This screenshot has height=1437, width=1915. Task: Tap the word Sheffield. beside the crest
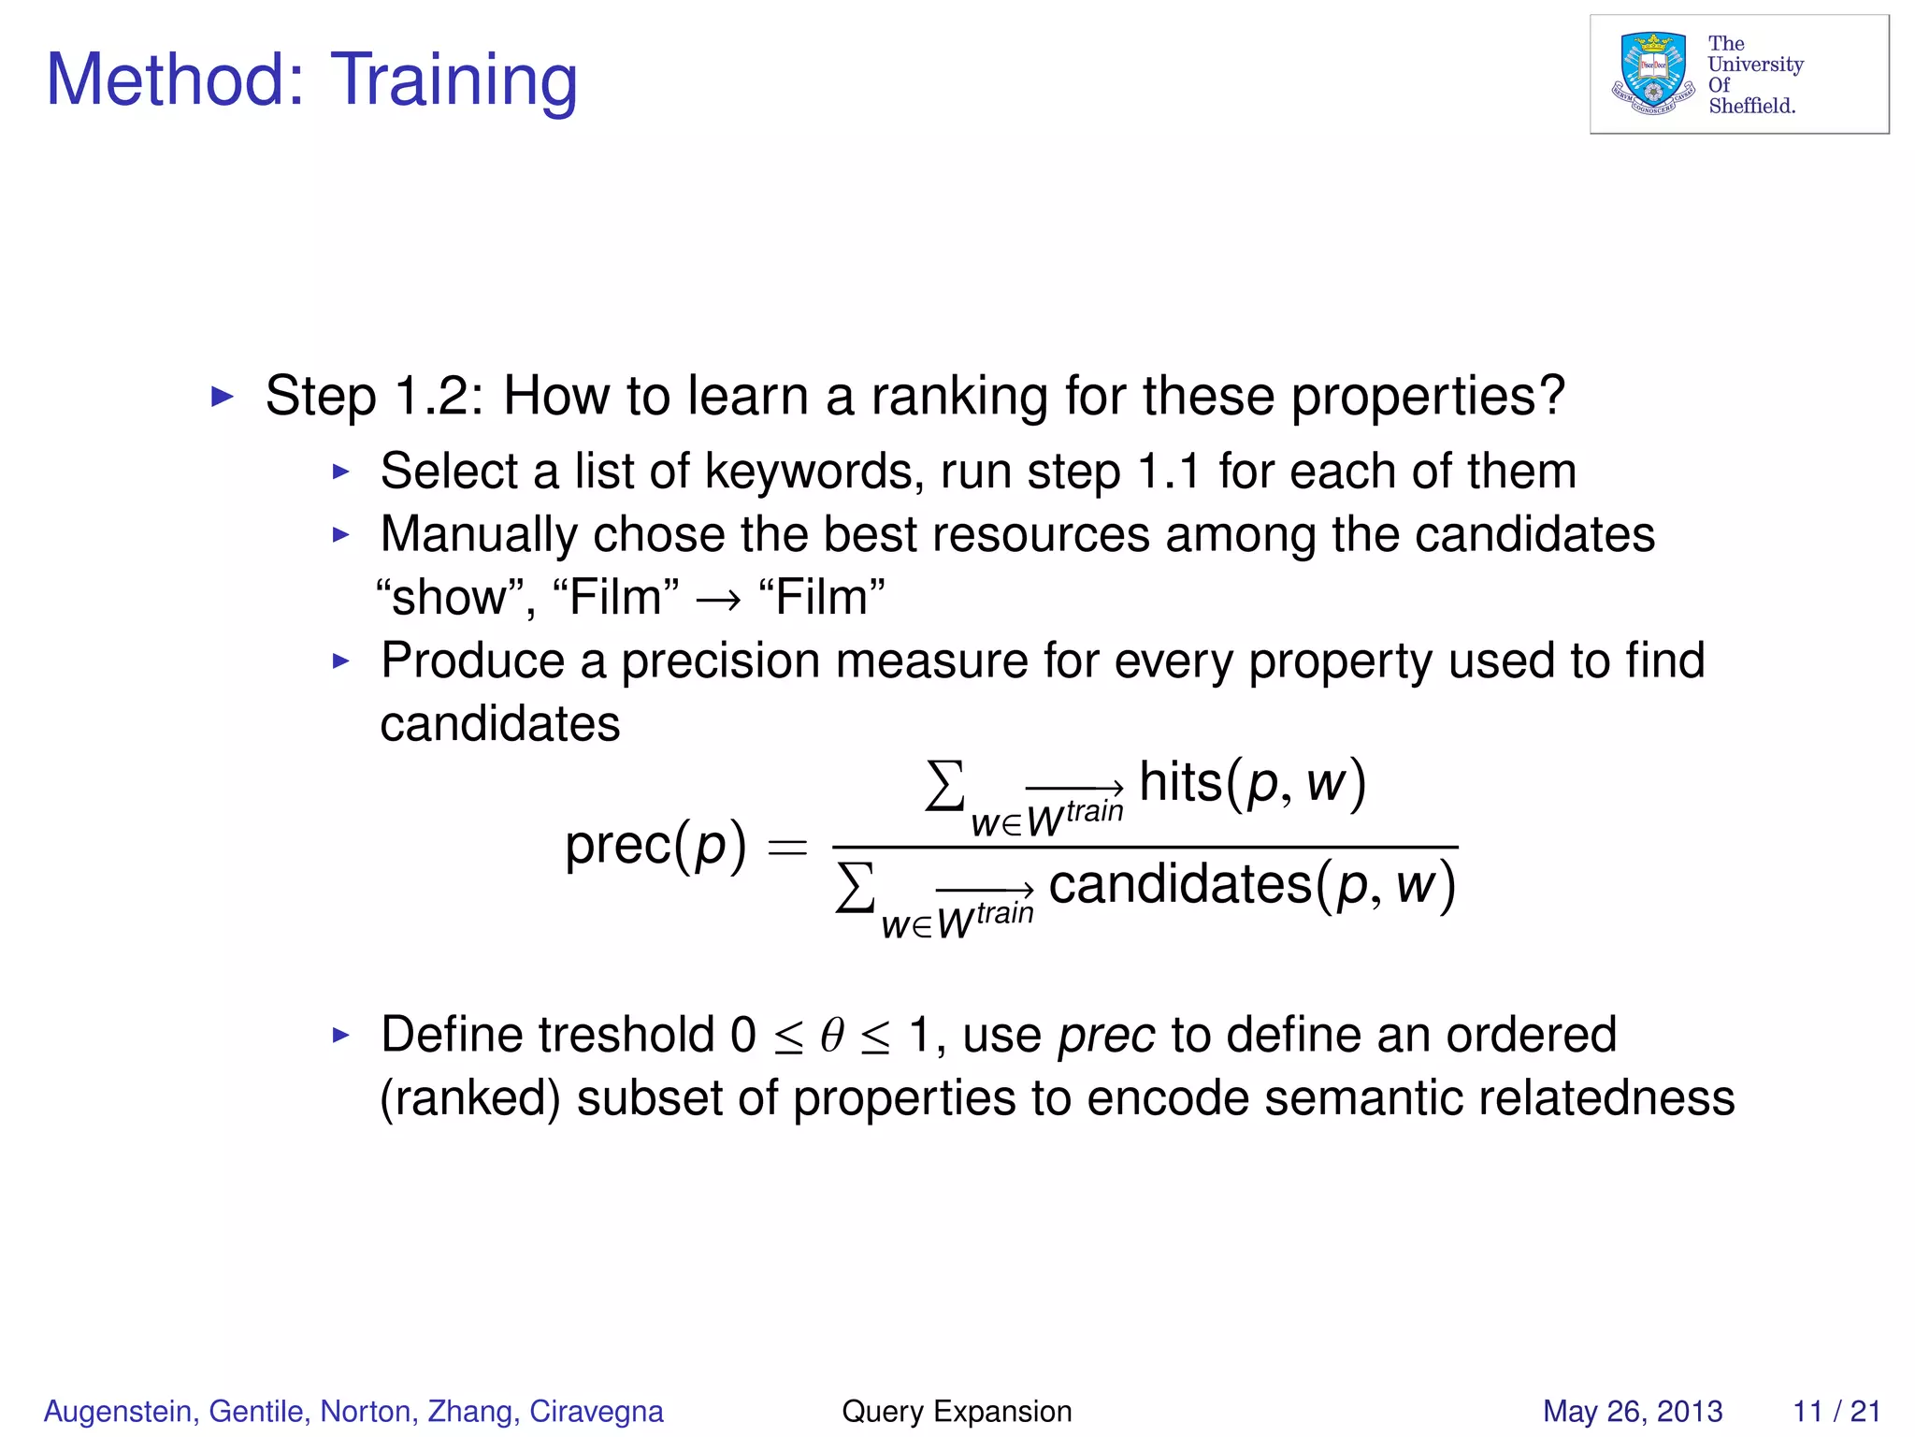coord(1751,106)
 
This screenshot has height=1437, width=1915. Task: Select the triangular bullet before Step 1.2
coord(223,397)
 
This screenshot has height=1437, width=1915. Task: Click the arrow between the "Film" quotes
coord(718,599)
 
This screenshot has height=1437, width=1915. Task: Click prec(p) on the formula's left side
coord(655,846)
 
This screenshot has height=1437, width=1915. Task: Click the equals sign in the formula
coord(787,848)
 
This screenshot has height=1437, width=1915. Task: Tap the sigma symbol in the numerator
coord(944,786)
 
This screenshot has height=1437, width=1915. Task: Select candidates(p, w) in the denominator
coord(1251,885)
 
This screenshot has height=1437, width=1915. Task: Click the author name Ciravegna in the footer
coord(597,1411)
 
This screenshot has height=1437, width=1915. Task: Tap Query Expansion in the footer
coord(957,1411)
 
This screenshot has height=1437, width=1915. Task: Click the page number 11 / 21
coord(1836,1411)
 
